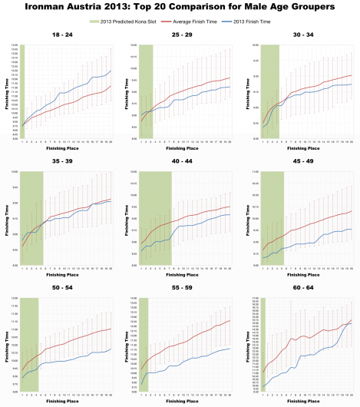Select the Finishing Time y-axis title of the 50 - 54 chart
[5, 341]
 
